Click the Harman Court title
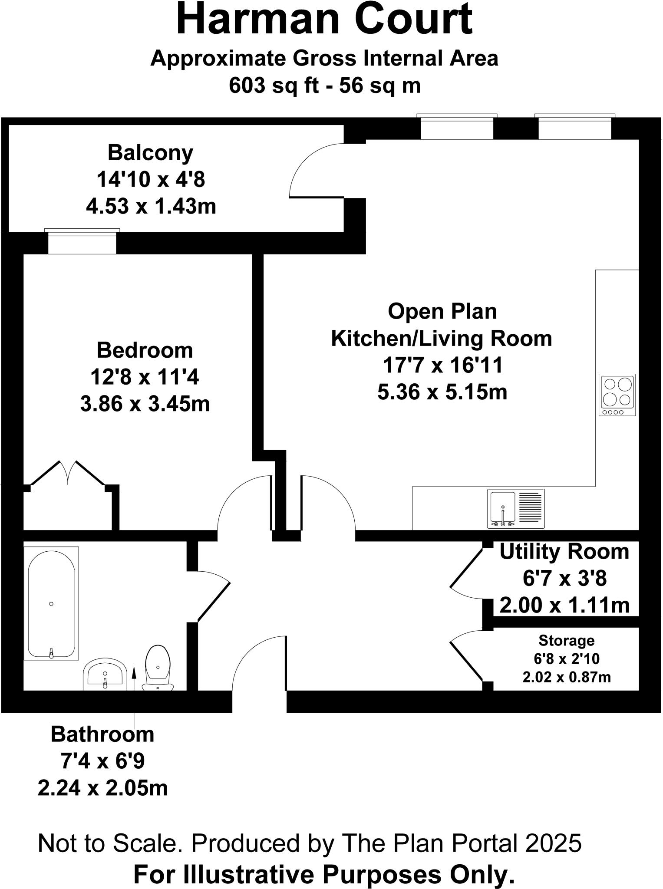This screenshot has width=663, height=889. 324,20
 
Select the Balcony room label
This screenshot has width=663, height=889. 150,153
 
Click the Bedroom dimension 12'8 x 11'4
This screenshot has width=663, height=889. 145,377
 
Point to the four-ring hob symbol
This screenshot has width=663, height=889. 617,395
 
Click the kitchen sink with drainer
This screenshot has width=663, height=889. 516,509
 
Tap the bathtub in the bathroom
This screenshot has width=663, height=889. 51,603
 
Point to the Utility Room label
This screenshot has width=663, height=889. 564,552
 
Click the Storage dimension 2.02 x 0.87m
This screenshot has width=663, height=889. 566,677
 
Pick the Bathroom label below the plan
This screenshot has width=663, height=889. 102,734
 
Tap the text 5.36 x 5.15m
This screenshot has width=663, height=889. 442,392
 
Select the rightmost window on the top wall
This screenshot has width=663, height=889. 574,127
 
